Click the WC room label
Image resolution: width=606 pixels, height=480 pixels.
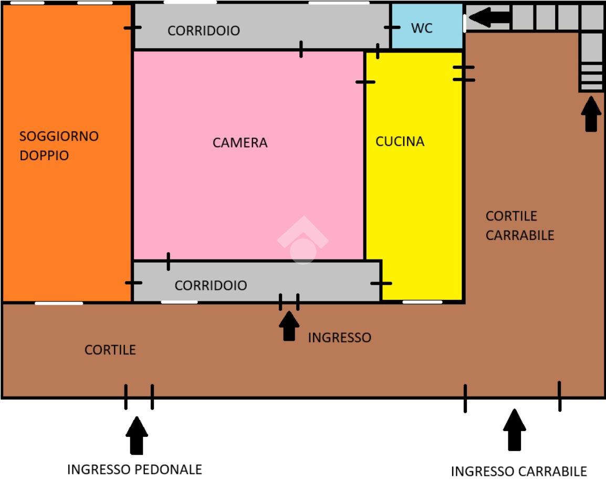tap(422, 28)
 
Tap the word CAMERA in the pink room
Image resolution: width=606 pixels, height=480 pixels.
tap(240, 143)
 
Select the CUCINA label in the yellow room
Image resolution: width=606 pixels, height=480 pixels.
tap(400, 141)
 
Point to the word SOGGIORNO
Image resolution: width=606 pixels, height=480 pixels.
tap(59, 136)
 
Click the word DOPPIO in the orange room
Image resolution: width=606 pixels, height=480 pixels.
tap(44, 155)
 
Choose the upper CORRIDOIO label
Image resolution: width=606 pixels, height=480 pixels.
tap(204, 30)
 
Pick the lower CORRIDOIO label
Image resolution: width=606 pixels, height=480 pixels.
tap(211, 285)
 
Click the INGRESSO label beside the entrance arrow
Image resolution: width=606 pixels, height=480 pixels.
tap(340, 337)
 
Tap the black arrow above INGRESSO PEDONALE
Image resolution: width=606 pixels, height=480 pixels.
tap(137, 435)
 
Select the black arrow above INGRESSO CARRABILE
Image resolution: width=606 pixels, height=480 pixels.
tap(515, 430)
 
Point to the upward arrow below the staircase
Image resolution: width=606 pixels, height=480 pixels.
tap(591, 114)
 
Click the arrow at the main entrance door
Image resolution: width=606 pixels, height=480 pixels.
tap(289, 326)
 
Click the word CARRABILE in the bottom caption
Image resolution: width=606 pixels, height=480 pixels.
tap(552, 472)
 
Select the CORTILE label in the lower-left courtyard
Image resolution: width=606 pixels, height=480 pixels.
tap(110, 350)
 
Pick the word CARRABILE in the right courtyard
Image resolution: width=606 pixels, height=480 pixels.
tap(520, 235)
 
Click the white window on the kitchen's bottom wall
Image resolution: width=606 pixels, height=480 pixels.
tap(422, 302)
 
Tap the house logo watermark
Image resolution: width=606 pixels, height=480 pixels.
tap(303, 240)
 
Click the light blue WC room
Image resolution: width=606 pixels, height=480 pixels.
tap(427, 26)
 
